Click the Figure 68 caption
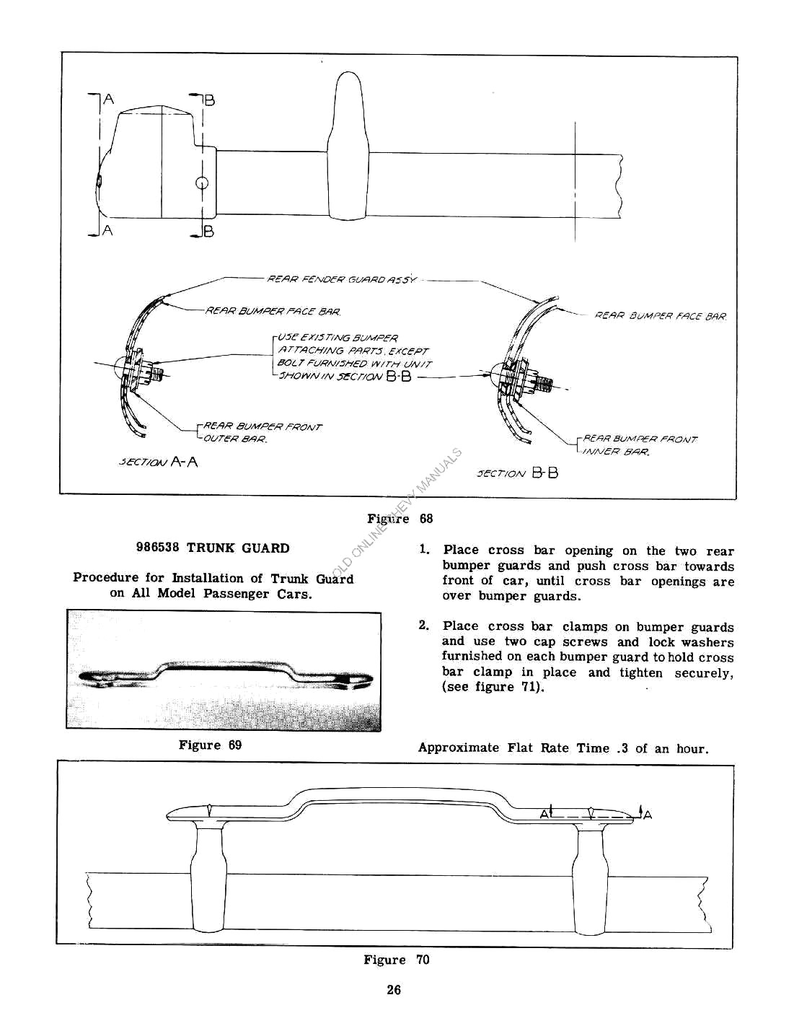pyautogui.click(x=400, y=519)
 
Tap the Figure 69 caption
pyautogui.click(x=210, y=745)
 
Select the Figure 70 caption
pyautogui.click(x=396, y=960)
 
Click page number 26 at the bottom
pyautogui.click(x=393, y=990)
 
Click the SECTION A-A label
pyautogui.click(x=158, y=462)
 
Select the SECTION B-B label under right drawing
pyautogui.click(x=517, y=473)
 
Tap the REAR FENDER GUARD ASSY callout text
pyautogui.click(x=342, y=279)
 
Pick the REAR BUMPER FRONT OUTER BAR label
pyautogui.click(x=263, y=432)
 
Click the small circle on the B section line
pyautogui.click(x=203, y=183)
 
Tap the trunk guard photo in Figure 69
pyautogui.click(x=224, y=671)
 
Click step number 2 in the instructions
pyautogui.click(x=423, y=626)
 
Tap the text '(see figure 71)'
pyautogui.click(x=493, y=687)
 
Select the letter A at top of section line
pyautogui.click(x=108, y=100)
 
